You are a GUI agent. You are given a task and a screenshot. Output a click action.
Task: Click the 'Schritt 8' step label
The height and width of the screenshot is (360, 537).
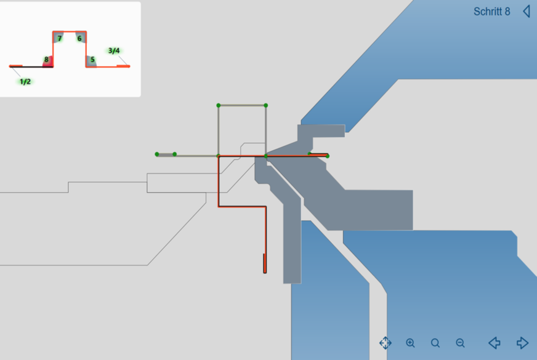point(491,12)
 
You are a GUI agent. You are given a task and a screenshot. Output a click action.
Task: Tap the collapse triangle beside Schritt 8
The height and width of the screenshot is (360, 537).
point(527,11)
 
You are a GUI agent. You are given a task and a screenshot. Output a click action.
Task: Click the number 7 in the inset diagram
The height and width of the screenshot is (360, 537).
point(59,38)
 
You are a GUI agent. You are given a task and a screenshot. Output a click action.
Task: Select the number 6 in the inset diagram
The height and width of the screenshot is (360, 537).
point(79,38)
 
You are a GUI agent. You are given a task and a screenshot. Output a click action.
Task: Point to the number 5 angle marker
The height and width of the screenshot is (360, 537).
point(92,60)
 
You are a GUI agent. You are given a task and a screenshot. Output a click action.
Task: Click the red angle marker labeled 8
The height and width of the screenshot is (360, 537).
point(47,60)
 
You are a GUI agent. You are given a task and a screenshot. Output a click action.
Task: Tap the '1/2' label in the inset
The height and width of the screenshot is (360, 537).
point(25,81)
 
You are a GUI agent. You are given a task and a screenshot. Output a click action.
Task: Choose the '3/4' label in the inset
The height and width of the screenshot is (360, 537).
point(114,50)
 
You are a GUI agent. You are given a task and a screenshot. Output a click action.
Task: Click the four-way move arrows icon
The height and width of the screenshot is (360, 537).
point(386,343)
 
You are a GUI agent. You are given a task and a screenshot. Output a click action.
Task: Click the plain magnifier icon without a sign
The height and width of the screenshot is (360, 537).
point(435,343)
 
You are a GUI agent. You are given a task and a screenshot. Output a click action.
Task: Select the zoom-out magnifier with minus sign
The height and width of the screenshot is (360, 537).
point(460,343)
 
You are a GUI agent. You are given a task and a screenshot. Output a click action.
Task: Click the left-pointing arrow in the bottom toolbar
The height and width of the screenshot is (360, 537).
point(494,343)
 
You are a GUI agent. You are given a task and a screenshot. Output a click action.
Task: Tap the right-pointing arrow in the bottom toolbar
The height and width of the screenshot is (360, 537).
point(522,343)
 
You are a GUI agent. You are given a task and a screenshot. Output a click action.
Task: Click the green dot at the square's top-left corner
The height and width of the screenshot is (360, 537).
point(219,105)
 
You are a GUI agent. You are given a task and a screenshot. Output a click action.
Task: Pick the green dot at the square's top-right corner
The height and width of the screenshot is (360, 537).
point(266,105)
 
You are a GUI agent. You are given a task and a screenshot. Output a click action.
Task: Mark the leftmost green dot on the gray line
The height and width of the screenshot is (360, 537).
point(157,154)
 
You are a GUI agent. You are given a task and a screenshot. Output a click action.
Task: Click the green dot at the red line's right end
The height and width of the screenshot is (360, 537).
point(327,156)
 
